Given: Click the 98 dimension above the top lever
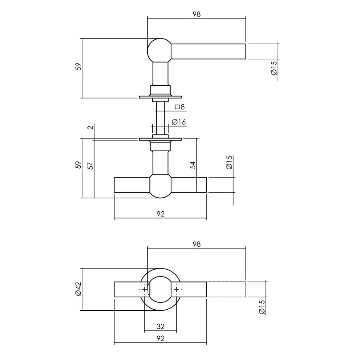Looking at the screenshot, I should pyautogui.click(x=196, y=14).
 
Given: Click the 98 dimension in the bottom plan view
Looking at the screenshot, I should pyautogui.click(x=196, y=244).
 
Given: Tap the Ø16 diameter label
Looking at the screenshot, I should pyautogui.click(x=179, y=122).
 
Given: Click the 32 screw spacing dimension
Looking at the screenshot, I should pyautogui.click(x=161, y=327).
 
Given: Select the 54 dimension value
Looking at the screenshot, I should pyautogui.click(x=193, y=165).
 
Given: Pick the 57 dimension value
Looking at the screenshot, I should pyautogui.click(x=91, y=165).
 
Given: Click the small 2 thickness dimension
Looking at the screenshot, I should pyautogui.click(x=91, y=127).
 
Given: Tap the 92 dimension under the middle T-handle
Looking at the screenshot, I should pyautogui.click(x=161, y=214).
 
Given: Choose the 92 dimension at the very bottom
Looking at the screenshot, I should pyautogui.click(x=161, y=338).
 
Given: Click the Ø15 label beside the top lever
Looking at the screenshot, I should pyautogui.click(x=274, y=68).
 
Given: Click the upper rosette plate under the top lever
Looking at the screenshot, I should pyautogui.click(x=161, y=96).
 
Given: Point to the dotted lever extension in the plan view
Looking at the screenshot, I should pyautogui.click(x=226, y=289).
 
